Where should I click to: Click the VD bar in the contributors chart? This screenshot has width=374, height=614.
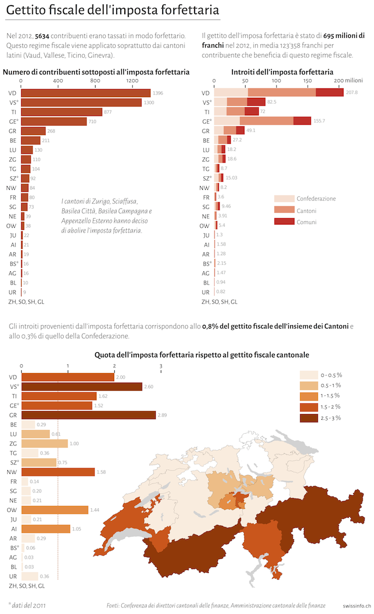click(86, 93)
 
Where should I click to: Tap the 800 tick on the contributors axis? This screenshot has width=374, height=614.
click(95, 81)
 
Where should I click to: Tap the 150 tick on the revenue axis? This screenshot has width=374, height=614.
click(307, 81)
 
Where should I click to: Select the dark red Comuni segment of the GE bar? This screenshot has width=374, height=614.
click(302, 121)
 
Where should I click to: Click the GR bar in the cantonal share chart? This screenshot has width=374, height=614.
click(88, 415)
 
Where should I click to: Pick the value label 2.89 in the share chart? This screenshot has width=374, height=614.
click(163, 415)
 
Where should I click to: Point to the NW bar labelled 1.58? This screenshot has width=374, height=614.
click(58, 472)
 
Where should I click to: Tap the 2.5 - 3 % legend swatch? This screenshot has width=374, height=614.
click(308, 418)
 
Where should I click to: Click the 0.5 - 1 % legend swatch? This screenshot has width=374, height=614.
click(308, 386)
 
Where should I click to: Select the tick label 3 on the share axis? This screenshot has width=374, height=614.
click(161, 366)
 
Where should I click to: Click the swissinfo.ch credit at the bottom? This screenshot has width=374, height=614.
click(356, 605)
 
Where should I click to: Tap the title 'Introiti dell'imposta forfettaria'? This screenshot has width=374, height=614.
click(282, 72)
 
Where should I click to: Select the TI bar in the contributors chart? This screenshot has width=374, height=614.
click(61, 112)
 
